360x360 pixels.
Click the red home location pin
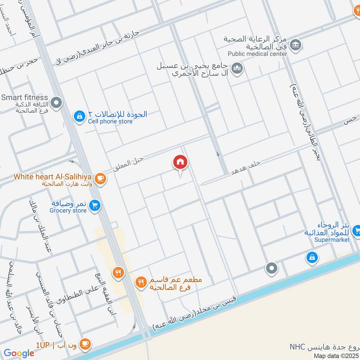point(180,162)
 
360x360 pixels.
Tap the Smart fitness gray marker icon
point(56,103)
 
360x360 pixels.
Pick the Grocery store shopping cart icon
point(94,206)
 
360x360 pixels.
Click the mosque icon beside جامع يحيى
point(238,68)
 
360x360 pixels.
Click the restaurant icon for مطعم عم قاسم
point(141,282)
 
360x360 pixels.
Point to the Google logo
point(19,354)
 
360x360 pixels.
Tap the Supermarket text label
point(333,240)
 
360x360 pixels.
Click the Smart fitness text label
point(24,97)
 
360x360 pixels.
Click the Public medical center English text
point(257,54)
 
